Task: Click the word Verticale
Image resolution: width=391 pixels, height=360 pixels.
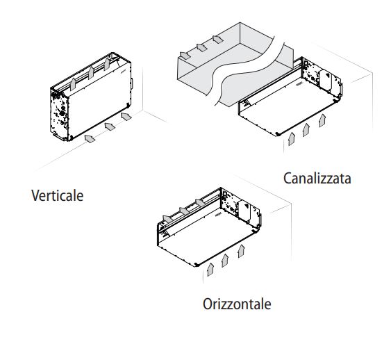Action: coord(58,195)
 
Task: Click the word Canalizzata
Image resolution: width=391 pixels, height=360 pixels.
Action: coord(317,178)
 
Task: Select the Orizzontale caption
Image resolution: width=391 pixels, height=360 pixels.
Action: coord(237,304)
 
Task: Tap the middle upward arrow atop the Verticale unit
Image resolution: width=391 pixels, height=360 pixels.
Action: coord(91,73)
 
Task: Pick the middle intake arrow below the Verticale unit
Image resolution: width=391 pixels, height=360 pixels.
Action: coord(110,126)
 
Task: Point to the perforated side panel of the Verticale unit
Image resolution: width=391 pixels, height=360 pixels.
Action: coord(59,115)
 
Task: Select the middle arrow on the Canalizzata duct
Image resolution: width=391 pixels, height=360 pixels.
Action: coord(201,47)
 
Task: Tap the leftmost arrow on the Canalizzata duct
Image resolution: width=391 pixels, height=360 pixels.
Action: coord(185,56)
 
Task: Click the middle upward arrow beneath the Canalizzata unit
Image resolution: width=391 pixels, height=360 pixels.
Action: coord(306,130)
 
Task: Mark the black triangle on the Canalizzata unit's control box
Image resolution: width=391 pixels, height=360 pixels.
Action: coord(327,74)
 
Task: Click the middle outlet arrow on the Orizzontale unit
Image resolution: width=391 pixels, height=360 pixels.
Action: coord(185,211)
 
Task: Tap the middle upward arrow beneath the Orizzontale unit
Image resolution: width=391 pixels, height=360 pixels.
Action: coord(225,261)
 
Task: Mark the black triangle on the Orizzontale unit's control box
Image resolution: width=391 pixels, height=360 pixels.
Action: coord(247,206)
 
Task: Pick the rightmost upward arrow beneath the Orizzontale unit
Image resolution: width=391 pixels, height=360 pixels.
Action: coord(241,251)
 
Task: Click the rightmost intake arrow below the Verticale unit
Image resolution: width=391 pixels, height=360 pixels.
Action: coord(126,116)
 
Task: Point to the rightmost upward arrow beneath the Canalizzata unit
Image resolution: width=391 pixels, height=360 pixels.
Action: coord(322,120)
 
